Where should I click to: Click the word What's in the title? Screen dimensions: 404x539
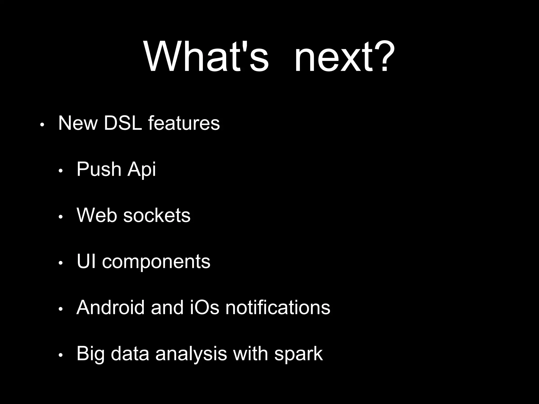pyautogui.click(x=206, y=57)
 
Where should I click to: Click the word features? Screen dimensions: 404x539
pyautogui.click(x=184, y=123)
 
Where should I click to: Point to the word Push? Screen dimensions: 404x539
pyautogui.click(x=99, y=169)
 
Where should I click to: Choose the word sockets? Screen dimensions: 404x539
pyautogui.click(x=157, y=215)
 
